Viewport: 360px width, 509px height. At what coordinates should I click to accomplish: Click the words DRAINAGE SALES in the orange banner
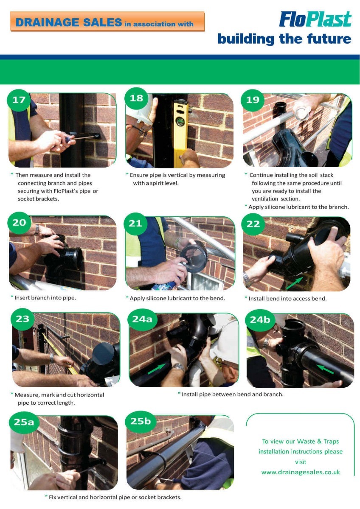69,22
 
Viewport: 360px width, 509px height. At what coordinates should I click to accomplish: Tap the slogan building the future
284,39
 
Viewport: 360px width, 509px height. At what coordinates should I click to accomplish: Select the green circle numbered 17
19,100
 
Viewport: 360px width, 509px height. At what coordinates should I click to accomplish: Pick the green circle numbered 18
136,98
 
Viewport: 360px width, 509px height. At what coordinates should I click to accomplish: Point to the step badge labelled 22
253,224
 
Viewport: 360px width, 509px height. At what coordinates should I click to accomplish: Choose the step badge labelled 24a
142,319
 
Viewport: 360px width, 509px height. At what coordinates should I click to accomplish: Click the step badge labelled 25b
141,421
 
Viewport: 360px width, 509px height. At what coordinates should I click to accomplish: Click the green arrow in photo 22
294,283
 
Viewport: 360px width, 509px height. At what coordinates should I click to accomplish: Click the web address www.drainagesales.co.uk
301,472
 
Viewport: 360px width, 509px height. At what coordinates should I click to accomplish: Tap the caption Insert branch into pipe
45,297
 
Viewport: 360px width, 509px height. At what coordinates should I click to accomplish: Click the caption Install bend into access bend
287,298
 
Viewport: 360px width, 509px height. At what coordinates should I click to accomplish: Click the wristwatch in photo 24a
179,366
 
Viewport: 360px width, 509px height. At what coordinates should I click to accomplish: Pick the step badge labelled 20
20,223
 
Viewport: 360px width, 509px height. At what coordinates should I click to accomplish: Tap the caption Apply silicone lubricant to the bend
177,298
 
